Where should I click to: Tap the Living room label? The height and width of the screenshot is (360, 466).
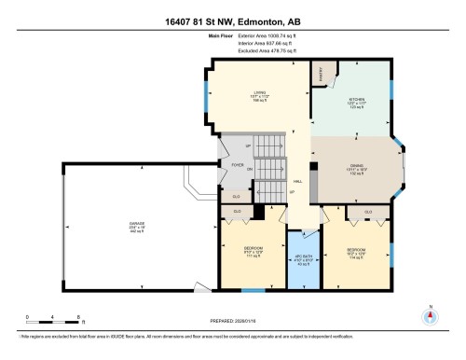pos(261,94)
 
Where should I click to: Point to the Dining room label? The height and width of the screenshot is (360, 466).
pos(356,168)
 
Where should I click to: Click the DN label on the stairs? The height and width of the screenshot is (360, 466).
pos(250,169)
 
